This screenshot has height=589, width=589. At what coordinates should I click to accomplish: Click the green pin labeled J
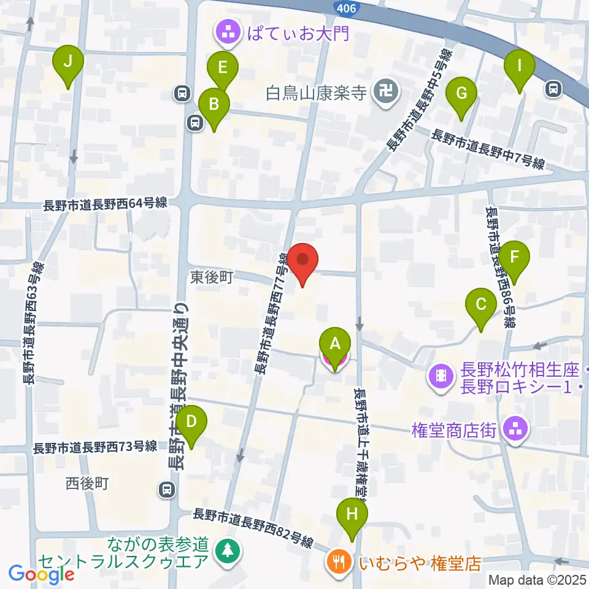point(67,62)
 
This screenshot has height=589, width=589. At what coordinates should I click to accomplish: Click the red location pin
point(303,260)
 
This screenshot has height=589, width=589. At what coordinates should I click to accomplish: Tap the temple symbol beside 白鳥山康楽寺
point(388,94)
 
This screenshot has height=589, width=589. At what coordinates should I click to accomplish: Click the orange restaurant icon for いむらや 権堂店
point(338,560)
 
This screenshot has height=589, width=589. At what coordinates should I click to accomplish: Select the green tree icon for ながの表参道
point(228,550)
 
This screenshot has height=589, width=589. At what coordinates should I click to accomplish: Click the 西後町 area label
point(87,483)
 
